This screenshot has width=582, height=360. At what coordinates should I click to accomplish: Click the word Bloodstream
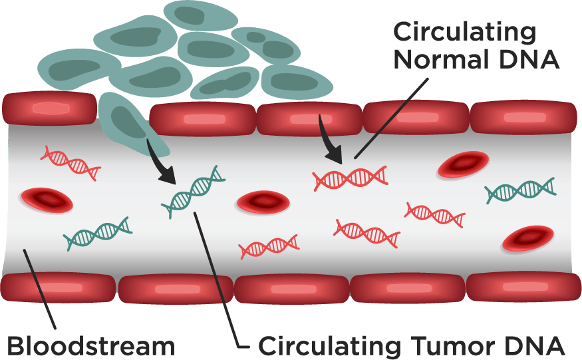click(91, 346)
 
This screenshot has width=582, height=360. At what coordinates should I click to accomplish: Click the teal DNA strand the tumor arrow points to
click(194, 192)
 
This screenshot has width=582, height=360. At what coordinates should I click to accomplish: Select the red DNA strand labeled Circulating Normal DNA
click(351, 177)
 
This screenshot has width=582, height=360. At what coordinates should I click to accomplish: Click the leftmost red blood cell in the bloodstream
click(46, 199)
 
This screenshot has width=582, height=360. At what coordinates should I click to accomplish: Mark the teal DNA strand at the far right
click(520, 191)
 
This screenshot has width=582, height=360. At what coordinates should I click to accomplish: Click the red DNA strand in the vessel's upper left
click(71, 162)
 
